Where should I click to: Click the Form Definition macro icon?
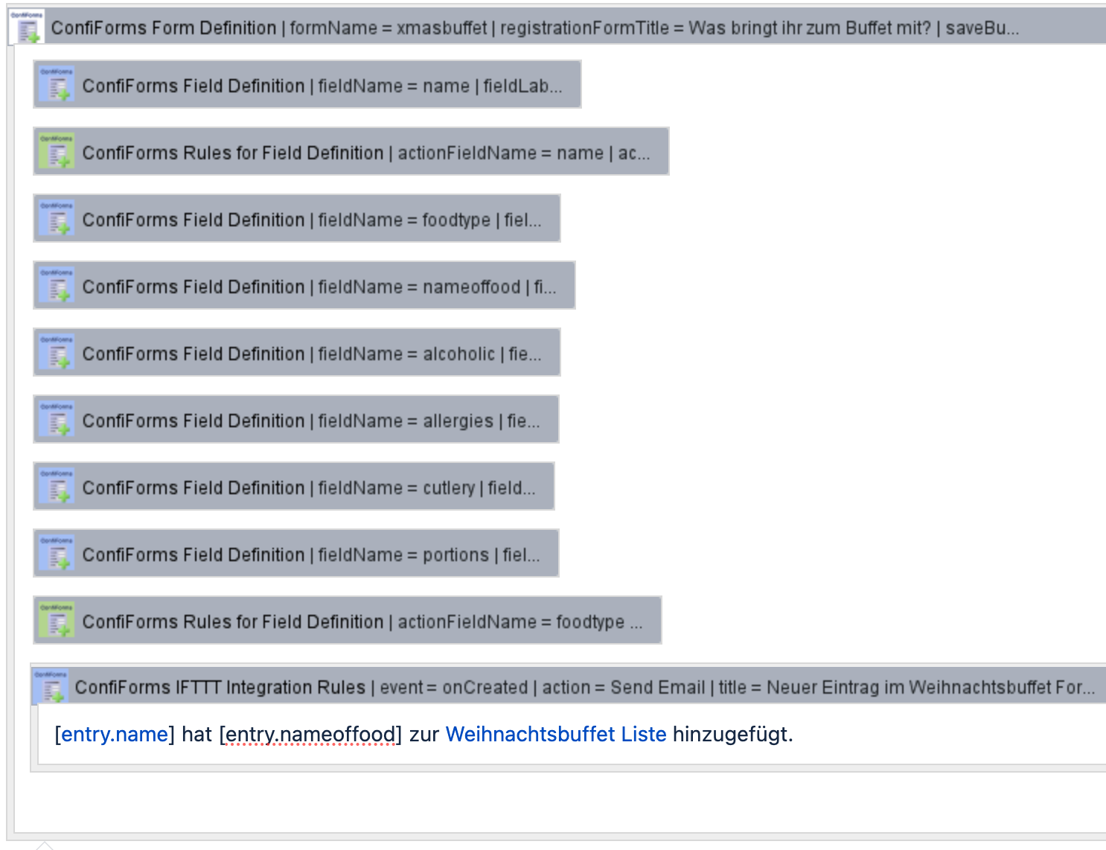pos(27,27)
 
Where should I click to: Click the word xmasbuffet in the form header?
pos(441,28)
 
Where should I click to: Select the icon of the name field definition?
pos(57,85)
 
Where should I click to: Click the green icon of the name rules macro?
pos(57,152)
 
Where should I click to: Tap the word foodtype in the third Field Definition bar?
pos(456,220)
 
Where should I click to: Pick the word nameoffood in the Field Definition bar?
pos(471,287)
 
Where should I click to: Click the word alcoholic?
pos(458,354)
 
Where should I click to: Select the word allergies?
pos(458,421)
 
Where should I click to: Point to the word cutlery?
pos(449,488)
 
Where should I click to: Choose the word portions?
pos(455,555)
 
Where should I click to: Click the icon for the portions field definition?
pos(57,554)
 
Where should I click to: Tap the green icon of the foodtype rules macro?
pos(57,621)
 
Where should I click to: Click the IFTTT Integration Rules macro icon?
pos(51,686)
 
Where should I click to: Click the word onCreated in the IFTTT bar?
pos(485,688)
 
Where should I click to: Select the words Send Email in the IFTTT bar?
pos(657,688)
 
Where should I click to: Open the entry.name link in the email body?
pos(115,735)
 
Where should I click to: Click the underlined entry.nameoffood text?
pos(310,735)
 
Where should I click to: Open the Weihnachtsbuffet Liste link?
pos(555,735)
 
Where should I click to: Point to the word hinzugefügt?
pos(732,735)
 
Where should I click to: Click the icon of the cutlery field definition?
pos(57,487)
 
